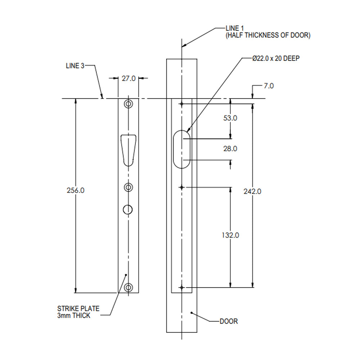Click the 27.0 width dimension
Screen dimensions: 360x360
point(128,78)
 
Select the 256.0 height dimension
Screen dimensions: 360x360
point(76,190)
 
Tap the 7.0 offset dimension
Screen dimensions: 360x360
point(269,86)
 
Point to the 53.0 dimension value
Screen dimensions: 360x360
point(230,118)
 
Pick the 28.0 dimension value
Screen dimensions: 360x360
point(230,148)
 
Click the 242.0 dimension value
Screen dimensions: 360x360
point(252,191)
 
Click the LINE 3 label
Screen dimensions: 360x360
point(75,66)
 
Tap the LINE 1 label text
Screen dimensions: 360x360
point(235,28)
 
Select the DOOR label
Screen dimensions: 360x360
point(229,321)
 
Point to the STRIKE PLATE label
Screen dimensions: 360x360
point(78,309)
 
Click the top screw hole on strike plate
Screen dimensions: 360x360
point(128,104)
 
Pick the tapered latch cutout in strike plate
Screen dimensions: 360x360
point(128,149)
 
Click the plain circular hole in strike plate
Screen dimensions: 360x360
point(128,209)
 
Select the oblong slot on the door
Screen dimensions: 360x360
point(182,149)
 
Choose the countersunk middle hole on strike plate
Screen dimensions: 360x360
point(128,187)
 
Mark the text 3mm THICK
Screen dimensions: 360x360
point(74,316)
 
